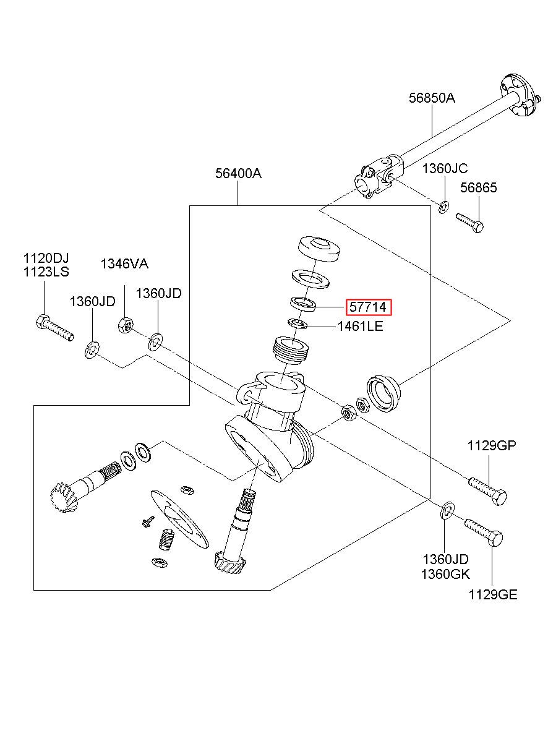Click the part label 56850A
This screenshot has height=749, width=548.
431,98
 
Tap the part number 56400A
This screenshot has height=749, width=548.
238,174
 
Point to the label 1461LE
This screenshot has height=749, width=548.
360,326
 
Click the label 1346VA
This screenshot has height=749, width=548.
124,264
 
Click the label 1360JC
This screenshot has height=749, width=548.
445,168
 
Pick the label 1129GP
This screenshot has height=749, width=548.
491,445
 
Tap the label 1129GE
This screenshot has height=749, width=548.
492,595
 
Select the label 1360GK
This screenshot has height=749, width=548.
445,574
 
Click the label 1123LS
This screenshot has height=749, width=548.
46,272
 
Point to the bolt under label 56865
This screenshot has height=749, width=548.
469,221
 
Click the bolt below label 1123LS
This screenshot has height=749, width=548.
55,328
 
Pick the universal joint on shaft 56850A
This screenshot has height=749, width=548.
379,177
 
